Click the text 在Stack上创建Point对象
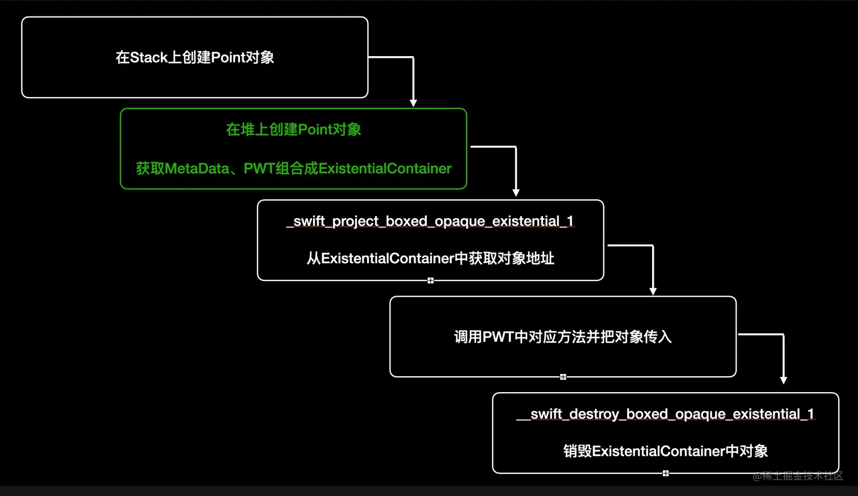(195, 57)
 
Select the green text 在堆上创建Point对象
(293, 129)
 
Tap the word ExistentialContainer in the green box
(385, 169)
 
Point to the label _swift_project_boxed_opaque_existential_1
(431, 221)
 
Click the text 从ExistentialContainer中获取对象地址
(430, 259)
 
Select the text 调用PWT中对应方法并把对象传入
(562, 337)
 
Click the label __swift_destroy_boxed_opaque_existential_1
(666, 414)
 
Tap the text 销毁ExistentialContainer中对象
(665, 451)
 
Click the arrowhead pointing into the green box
(414, 103)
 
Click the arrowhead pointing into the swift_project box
(516, 193)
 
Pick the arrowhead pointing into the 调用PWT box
(653, 291)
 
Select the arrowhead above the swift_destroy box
(784, 380)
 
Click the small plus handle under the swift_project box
(431, 280)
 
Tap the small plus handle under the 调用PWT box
(563, 377)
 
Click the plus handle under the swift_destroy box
(666, 473)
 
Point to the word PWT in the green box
(259, 169)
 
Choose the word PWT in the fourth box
(498, 337)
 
